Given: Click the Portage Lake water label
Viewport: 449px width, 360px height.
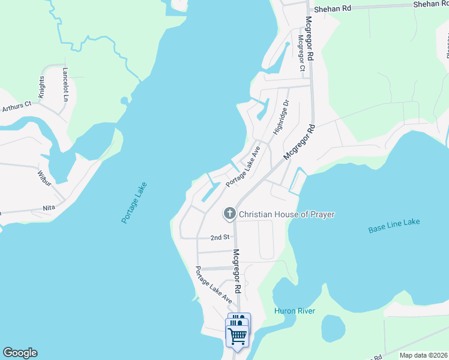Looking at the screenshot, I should (134, 203).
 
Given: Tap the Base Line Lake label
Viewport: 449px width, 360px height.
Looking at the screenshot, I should (394, 226).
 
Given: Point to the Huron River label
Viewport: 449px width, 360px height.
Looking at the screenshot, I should (294, 311).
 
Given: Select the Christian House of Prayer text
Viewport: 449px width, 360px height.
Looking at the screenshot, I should (286, 214).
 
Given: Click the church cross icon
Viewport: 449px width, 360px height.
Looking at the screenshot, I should (229, 214).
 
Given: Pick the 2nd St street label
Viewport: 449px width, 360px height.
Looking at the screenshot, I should (220, 238).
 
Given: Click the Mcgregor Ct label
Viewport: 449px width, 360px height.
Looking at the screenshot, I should (301, 52).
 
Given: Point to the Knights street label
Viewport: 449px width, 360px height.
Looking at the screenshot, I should (41, 87).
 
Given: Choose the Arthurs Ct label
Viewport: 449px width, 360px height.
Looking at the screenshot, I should (16, 107).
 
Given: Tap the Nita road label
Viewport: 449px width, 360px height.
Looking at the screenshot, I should (49, 208).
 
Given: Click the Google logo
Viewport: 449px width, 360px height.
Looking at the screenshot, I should (20, 353).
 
